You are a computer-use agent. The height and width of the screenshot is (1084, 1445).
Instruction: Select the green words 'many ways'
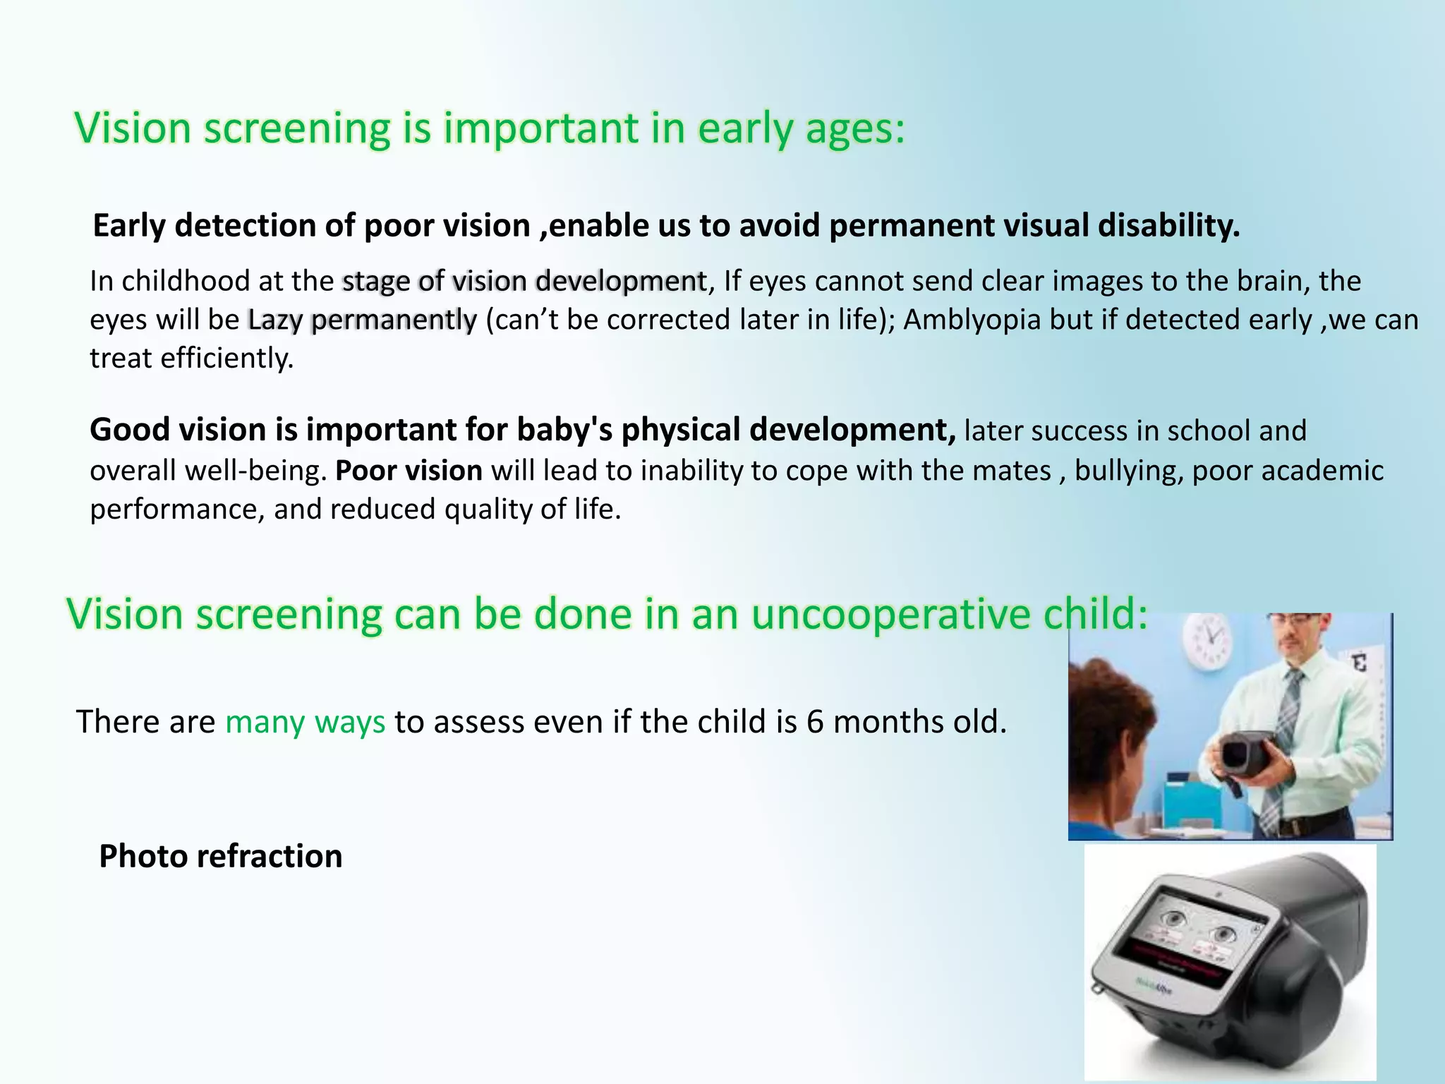click(305, 722)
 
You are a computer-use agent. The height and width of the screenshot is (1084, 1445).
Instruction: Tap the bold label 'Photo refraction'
click(220, 856)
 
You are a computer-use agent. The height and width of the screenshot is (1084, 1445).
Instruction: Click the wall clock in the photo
click(1211, 641)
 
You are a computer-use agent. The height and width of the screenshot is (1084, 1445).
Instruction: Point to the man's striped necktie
click(1286, 734)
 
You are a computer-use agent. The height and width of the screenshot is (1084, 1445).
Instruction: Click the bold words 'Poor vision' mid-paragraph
click(409, 471)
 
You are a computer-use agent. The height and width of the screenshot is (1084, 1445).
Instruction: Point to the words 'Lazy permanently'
click(362, 320)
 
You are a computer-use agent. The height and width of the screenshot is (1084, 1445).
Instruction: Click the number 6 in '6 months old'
click(815, 722)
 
